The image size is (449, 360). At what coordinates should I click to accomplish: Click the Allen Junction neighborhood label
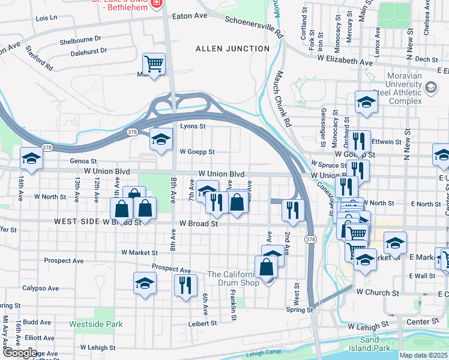click(232, 48)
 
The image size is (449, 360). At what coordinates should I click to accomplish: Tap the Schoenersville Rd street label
click(253, 28)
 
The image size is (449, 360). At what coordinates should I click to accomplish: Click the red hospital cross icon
click(157, 4)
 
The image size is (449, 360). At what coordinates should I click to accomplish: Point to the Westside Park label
click(96, 324)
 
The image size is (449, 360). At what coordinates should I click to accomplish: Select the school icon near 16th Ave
click(31, 159)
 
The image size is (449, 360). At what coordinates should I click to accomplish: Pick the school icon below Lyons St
click(160, 140)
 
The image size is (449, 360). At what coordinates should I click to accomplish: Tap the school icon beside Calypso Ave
click(145, 283)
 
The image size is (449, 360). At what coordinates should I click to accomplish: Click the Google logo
click(20, 353)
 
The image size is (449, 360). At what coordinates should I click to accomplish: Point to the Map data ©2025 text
click(423, 355)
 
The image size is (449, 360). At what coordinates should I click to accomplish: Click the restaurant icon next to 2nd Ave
click(292, 210)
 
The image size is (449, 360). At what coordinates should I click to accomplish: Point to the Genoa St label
click(83, 161)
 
